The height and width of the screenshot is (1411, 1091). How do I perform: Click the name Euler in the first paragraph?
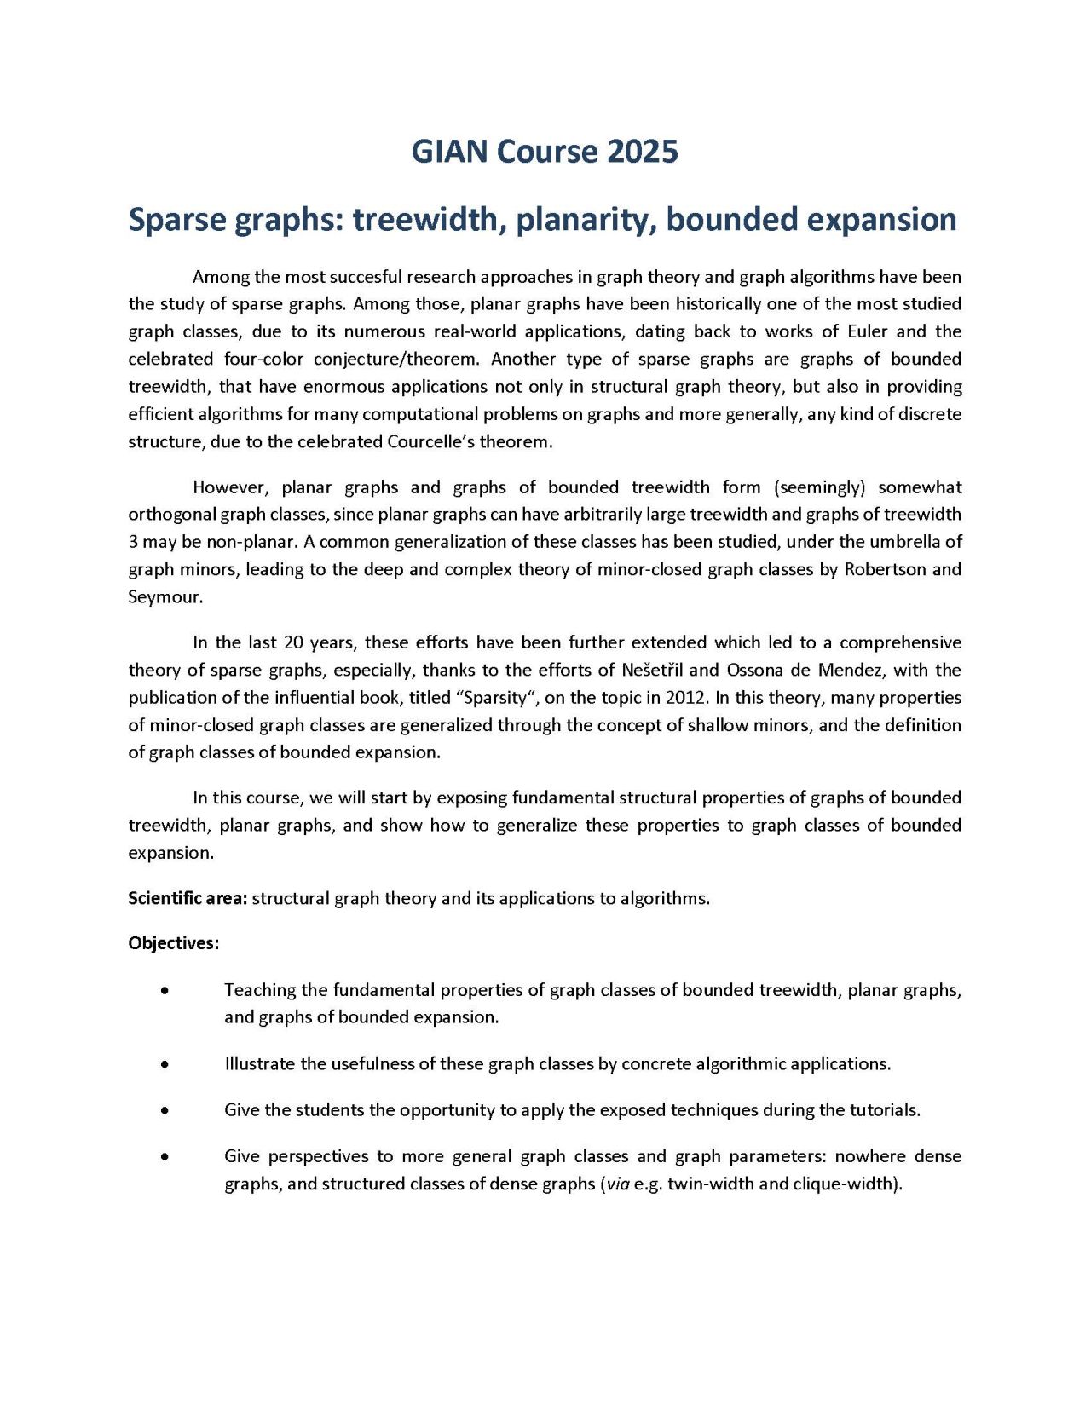coord(867,331)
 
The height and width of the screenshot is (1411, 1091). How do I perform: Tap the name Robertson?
coord(884,569)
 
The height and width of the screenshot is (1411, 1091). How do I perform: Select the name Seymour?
coord(165,596)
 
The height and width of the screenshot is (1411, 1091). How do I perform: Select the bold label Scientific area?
coord(188,898)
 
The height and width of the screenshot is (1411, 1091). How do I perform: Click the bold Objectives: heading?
coord(174,943)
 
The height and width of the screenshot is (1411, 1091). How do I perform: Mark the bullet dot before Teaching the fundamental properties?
coord(164,990)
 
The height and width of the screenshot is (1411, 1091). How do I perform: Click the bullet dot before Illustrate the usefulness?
coord(164,1064)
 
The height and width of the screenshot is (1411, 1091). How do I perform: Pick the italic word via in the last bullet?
coord(618,1184)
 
